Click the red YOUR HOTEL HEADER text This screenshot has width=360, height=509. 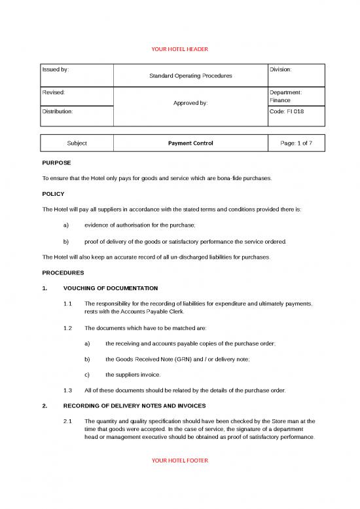click(179, 49)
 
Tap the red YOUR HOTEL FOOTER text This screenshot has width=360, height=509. click(179, 461)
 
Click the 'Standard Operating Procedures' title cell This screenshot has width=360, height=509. click(190, 77)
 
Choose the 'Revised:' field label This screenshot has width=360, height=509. click(53, 93)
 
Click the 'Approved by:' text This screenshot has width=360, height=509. click(190, 103)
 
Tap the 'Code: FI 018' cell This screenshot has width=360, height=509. click(286, 111)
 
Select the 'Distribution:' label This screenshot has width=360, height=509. click(58, 111)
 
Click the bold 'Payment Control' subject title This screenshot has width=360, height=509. click(190, 143)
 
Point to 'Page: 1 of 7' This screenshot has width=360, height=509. click(297, 143)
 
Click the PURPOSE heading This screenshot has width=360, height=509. click(56, 162)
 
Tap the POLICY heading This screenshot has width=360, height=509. click(53, 194)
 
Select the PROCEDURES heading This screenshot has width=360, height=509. click(63, 272)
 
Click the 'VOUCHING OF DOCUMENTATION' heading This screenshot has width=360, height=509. click(111, 288)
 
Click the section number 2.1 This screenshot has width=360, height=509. click(68, 422)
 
